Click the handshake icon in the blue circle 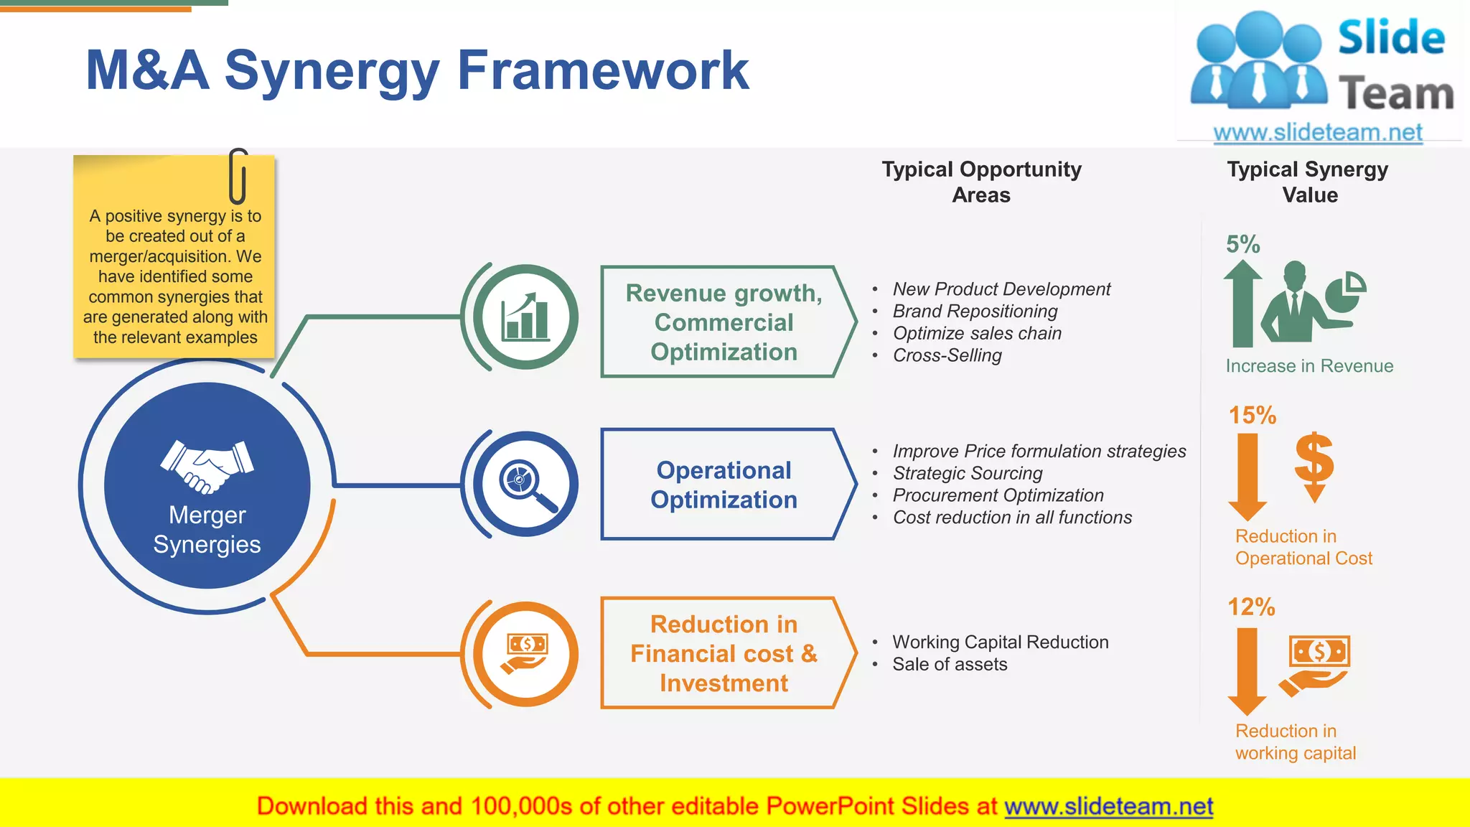pos(207,467)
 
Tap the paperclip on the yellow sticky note pos(238,176)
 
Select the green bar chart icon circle pos(526,317)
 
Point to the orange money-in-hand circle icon pos(526,654)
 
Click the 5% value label pos(1242,245)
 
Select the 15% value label pos(1252,415)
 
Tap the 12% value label pos(1250,607)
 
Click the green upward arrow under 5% pos(1242,304)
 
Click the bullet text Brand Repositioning pos(975,312)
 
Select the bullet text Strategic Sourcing pos(967,474)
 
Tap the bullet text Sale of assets pos(949,665)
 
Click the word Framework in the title pos(603,70)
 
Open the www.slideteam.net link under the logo pos(1317,133)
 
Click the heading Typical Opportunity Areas pos(981,182)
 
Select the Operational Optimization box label pos(724,485)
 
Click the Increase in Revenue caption pos(1309,366)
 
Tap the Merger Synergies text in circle pos(207,530)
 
